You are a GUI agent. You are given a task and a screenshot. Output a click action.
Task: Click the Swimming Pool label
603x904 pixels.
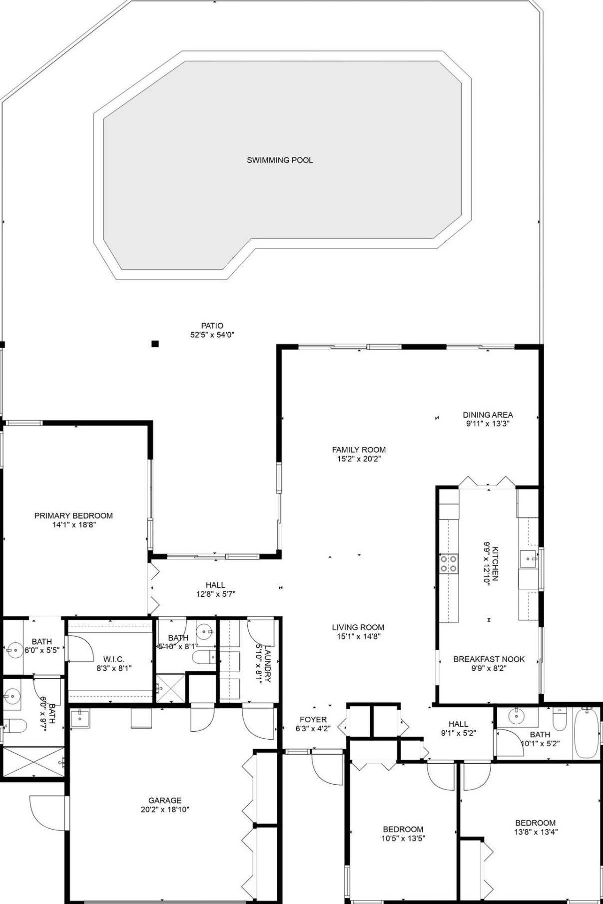point(280,160)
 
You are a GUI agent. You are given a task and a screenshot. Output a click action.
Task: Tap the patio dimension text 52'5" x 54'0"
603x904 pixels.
point(212,335)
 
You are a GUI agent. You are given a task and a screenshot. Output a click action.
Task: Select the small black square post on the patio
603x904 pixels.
point(155,344)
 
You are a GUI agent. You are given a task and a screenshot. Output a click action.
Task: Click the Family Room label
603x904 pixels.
point(359,450)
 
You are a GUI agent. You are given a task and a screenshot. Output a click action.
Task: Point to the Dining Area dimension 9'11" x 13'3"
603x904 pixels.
point(488,424)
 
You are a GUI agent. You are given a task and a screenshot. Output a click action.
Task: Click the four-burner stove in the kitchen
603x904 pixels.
point(448,563)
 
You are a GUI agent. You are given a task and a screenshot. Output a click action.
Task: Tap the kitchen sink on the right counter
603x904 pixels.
point(528,559)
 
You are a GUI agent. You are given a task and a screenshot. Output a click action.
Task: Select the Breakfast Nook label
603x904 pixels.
point(489,659)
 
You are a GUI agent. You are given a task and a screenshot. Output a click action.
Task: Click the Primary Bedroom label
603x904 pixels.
point(73,515)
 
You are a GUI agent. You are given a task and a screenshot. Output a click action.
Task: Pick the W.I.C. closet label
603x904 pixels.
point(113,659)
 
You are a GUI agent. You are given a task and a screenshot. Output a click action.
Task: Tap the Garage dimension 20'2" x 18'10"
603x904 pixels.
point(165,810)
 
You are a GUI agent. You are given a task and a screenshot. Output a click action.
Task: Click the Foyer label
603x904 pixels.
point(313,719)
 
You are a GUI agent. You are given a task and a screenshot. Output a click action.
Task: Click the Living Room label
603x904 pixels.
point(358,627)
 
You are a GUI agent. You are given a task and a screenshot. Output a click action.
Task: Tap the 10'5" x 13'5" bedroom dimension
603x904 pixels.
point(403,839)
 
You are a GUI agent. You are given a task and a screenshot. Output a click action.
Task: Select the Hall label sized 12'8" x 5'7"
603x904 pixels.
point(215,585)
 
